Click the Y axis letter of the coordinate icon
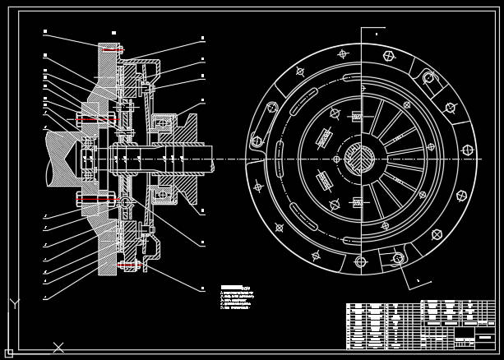[x=14, y=304]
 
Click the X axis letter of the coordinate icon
[x=58, y=348]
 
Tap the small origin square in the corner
[x=9, y=353]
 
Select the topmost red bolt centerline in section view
[x=113, y=49]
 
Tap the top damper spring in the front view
[x=356, y=117]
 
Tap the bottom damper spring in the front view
[x=357, y=202]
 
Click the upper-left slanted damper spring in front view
[x=324, y=138]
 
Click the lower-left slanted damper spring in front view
[x=324, y=180]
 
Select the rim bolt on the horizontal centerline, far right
[x=468, y=150]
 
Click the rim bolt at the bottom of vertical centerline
[x=360, y=262]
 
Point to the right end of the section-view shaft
[x=211, y=159]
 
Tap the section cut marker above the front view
[x=376, y=33]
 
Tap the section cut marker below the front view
[x=418, y=282]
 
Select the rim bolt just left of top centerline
[x=343, y=54]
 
